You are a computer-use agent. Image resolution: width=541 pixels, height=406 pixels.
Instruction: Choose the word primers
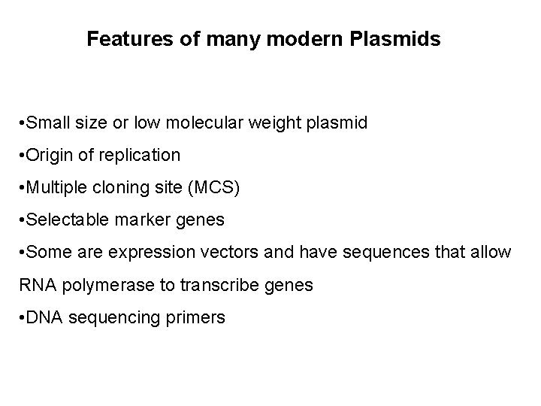(198, 318)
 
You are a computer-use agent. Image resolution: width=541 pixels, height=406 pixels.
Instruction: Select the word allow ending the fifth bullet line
(492, 253)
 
